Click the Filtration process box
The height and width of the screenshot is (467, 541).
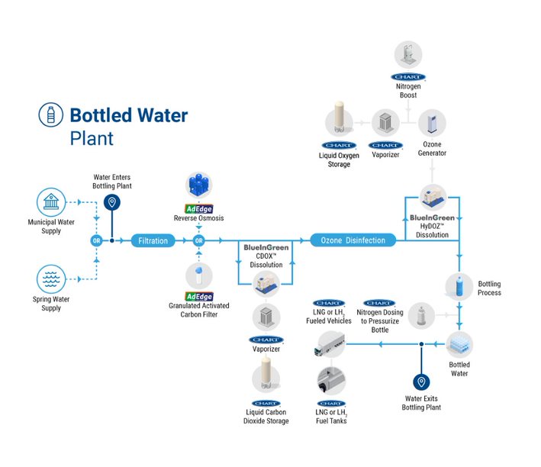tap(153, 240)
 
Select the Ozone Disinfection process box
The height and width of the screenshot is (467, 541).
tap(353, 240)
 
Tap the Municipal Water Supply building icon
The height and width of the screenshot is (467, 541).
tap(51, 203)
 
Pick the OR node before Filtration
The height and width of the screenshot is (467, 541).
tap(96, 240)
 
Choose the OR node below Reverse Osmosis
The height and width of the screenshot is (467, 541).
tap(199, 240)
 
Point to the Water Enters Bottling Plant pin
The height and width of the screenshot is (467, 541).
tap(111, 202)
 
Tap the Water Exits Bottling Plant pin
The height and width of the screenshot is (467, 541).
tap(420, 382)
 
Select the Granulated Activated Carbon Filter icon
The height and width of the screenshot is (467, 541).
tap(199, 276)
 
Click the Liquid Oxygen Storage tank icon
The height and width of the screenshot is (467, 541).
tap(338, 122)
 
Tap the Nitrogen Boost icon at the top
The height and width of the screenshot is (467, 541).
tap(407, 56)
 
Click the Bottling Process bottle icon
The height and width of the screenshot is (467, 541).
tap(459, 286)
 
